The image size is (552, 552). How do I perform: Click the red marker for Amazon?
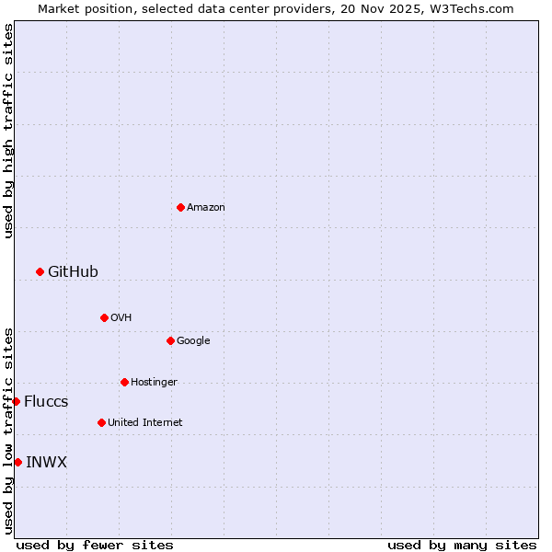point(180,207)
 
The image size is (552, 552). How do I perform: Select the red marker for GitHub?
point(40,271)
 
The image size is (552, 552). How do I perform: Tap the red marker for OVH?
point(104,317)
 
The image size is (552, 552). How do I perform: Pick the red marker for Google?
point(170,340)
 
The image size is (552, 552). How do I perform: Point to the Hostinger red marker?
point(124,382)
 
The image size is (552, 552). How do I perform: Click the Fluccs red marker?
point(16,401)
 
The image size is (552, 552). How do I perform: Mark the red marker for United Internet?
point(101,422)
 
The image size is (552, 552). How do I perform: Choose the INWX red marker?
point(17,462)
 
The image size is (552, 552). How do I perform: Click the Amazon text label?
point(206,208)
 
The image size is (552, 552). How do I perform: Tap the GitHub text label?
point(73,272)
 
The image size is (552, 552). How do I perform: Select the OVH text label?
point(121,318)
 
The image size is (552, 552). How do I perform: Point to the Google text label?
point(193,341)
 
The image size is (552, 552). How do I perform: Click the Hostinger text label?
point(154,383)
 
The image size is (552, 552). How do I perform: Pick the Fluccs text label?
point(46,402)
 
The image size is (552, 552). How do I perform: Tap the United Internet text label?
point(145,423)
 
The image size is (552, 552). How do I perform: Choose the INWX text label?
point(46,463)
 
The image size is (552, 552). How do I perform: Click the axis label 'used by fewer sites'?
point(95,545)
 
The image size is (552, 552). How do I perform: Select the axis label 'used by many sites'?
point(462,545)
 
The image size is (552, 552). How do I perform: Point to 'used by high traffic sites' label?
point(8,131)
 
